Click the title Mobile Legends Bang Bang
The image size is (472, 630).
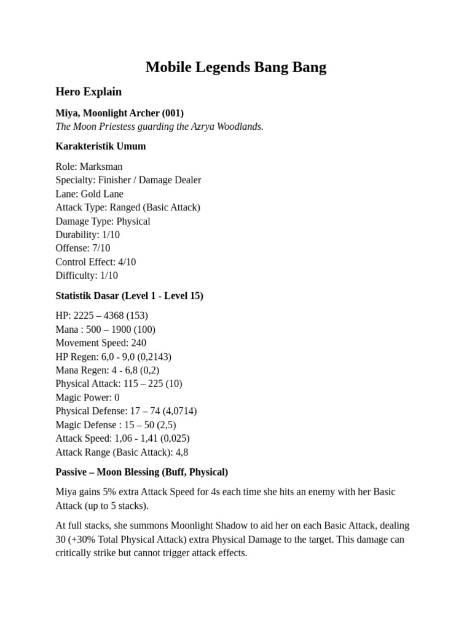click(236, 67)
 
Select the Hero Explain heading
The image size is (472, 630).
click(88, 92)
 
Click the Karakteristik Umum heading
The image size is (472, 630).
click(100, 146)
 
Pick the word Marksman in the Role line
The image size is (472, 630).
click(101, 166)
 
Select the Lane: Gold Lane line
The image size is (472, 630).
click(89, 194)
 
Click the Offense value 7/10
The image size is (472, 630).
click(100, 248)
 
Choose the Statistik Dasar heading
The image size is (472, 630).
click(129, 295)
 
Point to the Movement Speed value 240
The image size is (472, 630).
click(138, 343)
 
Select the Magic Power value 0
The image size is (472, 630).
click(117, 397)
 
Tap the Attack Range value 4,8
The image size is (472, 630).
click(181, 452)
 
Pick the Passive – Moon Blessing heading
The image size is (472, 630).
click(141, 472)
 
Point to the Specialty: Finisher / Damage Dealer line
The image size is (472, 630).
click(128, 180)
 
